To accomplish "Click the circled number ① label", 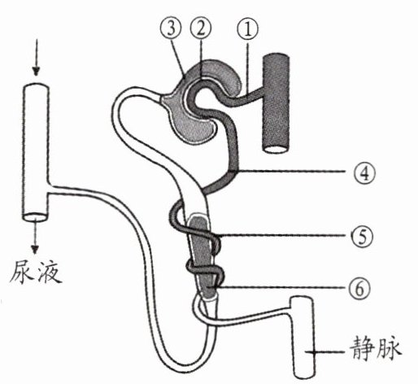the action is tap(247, 29).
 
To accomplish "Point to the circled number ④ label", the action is tap(365, 173).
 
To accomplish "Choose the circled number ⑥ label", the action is tap(359, 289).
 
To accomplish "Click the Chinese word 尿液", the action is tap(35, 272).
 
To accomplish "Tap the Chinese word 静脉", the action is tap(375, 351).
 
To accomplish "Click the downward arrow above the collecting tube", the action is tap(37, 58).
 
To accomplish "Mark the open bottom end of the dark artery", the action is tap(276, 150).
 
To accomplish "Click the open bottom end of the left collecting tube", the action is tap(35, 217).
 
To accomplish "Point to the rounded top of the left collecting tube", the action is tap(36, 87).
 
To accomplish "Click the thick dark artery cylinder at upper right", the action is tap(276, 104).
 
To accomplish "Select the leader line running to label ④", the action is tap(290, 172).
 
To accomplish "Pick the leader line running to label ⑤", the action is tap(283, 235).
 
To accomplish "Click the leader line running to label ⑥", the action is tap(282, 287).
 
